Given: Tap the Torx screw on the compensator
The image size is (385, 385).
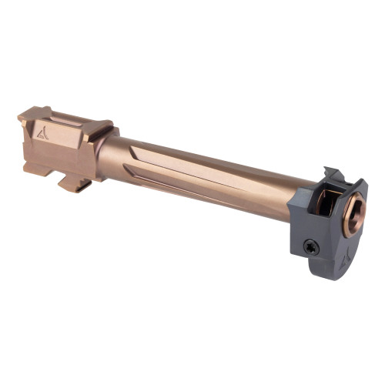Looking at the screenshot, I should pos(310,247).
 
